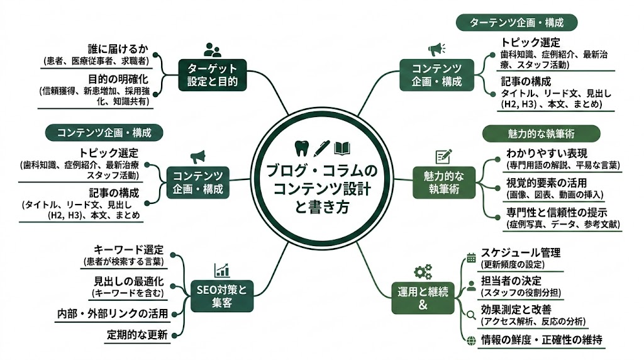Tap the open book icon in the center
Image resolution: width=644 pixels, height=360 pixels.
coord(342,148)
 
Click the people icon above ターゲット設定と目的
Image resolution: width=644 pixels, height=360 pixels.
coord(212,49)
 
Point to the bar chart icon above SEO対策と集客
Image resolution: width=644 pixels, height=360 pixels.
coord(221,271)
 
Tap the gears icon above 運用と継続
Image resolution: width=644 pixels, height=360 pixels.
coord(422,272)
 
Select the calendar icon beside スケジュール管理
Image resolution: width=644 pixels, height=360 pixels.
coord(471,257)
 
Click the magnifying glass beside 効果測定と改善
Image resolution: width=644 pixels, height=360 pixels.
coord(471,314)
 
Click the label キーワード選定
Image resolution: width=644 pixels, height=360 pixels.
coord(128,249)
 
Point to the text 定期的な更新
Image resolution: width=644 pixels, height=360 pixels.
coord(137,335)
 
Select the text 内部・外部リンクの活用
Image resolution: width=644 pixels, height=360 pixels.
coord(113,313)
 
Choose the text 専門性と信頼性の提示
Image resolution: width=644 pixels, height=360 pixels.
coord(560,211)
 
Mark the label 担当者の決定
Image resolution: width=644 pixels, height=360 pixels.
coord(511,280)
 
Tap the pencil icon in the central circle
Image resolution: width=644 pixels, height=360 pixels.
coord(321,148)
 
